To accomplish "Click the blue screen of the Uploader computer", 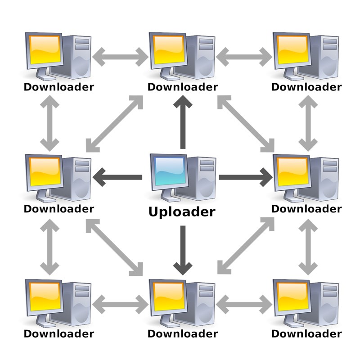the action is pyautogui.click(x=170, y=171).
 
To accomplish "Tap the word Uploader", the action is pyautogui.click(x=182, y=211).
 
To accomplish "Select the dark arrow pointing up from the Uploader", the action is pyautogui.click(x=183, y=122).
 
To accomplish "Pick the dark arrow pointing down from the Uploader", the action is pyautogui.click(x=183, y=250).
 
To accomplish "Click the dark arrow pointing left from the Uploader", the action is pyautogui.click(x=117, y=177).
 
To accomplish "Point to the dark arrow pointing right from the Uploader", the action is pyautogui.click(x=246, y=177).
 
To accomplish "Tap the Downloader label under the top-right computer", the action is pyautogui.click(x=306, y=87).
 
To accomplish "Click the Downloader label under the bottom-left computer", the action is pyautogui.click(x=59, y=333).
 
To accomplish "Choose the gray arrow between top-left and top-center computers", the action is pyautogui.click(x=120, y=57).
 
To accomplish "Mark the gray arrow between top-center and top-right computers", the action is pyautogui.click(x=244, y=57).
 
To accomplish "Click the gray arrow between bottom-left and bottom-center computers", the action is pyautogui.click(x=120, y=305).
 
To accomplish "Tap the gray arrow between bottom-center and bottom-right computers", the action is pyautogui.click(x=244, y=305).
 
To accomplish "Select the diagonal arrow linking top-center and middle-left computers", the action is pyautogui.click(x=114, y=124).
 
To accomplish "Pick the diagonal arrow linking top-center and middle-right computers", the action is pyautogui.click(x=246, y=124).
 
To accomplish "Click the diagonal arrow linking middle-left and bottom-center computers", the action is pyautogui.click(x=114, y=247).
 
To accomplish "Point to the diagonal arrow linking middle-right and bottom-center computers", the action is pyautogui.click(x=246, y=246).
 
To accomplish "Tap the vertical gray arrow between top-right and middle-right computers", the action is pyautogui.click(x=308, y=123).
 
